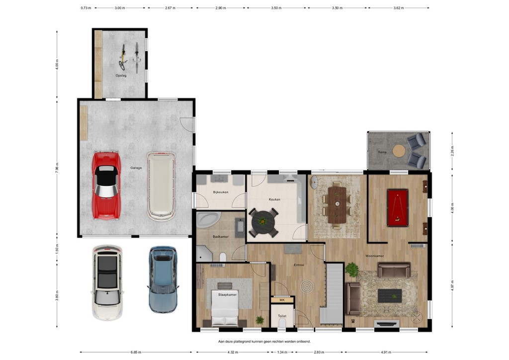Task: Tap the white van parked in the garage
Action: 161,186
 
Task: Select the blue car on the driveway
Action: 163,279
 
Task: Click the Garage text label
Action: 136,168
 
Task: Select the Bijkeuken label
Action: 220,192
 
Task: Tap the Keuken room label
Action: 274,199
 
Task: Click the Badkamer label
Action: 220,237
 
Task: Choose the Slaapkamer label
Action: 226,294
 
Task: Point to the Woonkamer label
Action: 375,256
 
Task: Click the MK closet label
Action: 281,300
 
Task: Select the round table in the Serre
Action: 399,150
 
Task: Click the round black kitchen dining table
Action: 263,222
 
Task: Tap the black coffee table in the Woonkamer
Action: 390,296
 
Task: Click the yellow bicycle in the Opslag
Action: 123,58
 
